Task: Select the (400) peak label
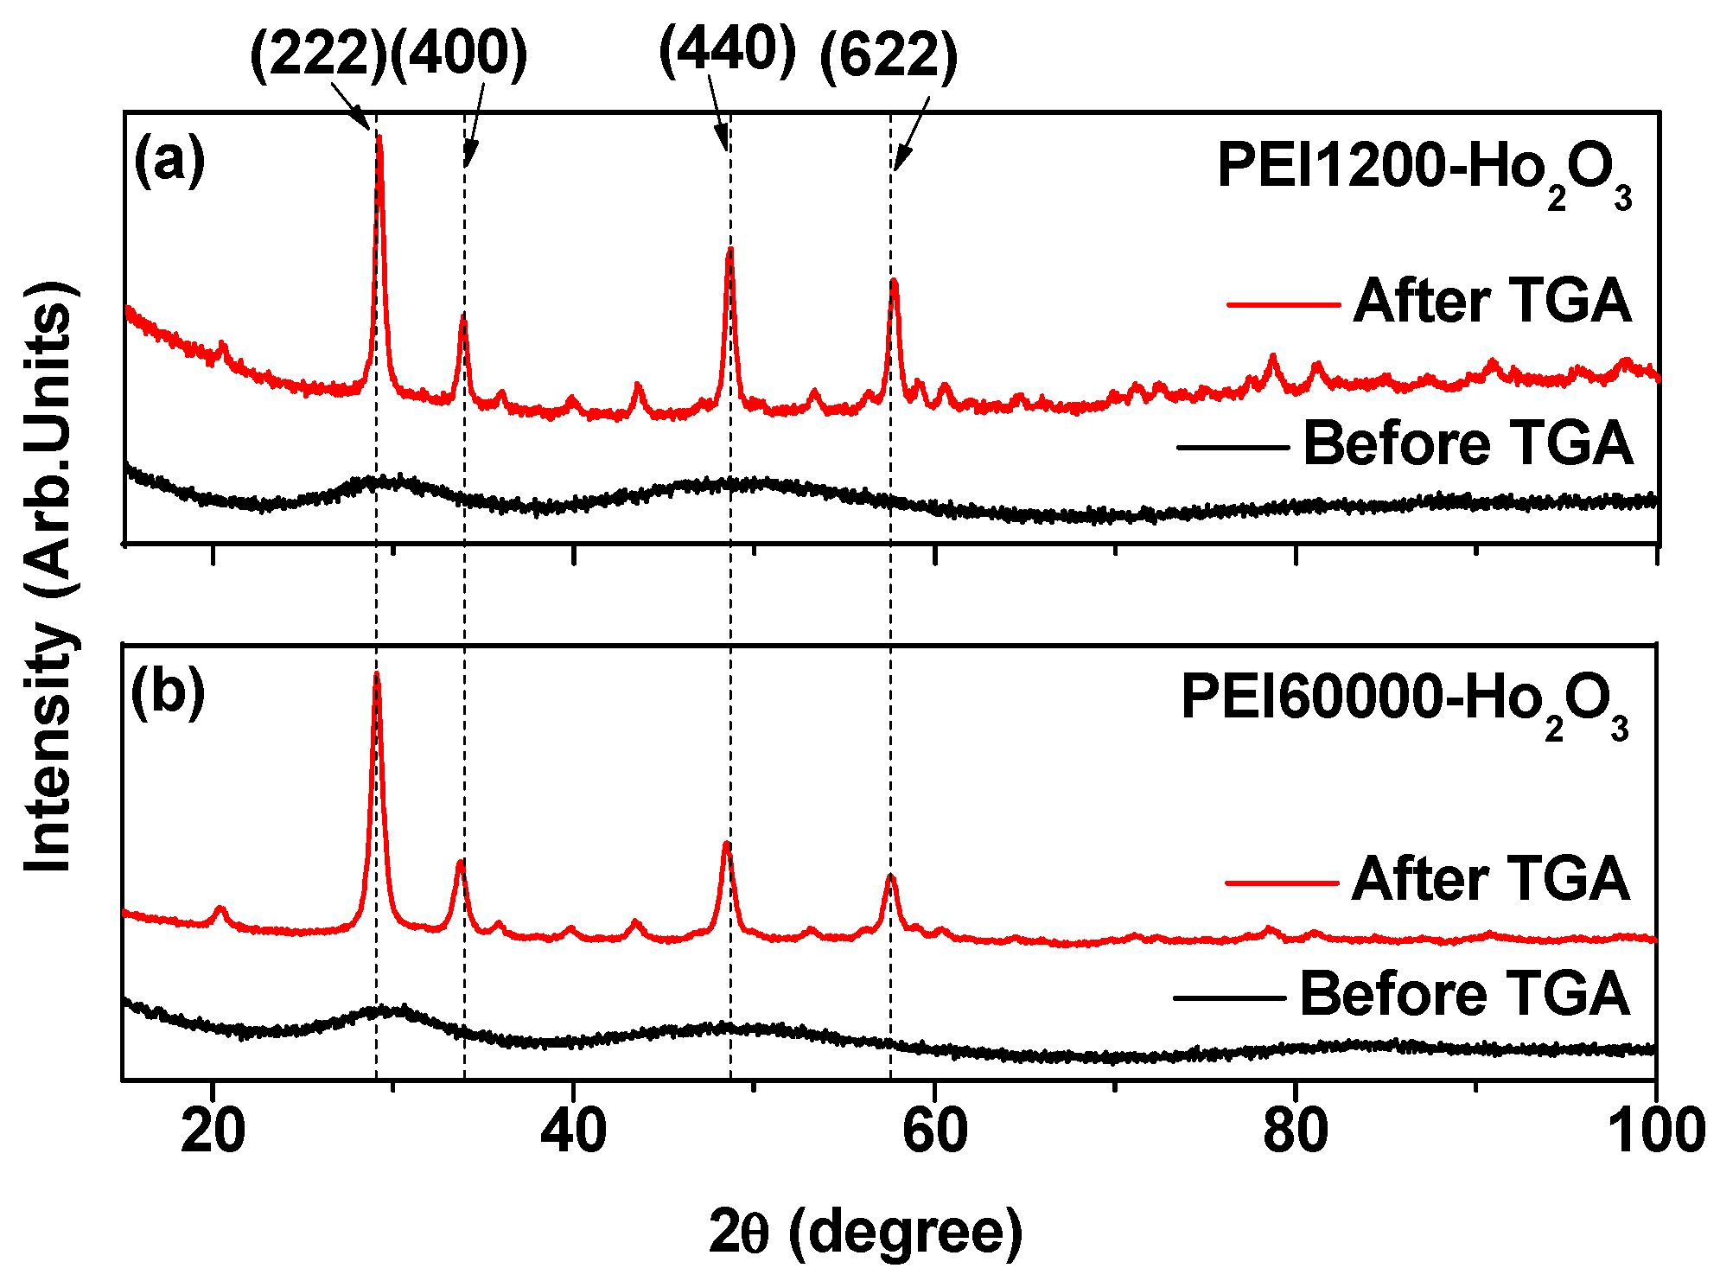(459, 55)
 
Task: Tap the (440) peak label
(727, 50)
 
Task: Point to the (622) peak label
(889, 57)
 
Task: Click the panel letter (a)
(169, 161)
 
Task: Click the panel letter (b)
(168, 693)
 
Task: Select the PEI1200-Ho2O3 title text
(1424, 169)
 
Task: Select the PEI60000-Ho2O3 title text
(1405, 700)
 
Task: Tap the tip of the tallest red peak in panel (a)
(379, 137)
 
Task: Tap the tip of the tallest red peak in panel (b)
(376, 674)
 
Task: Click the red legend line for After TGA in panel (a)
(1283, 304)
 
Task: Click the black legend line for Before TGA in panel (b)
(1229, 997)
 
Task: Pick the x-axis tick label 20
(213, 1131)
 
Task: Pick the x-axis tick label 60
(934, 1131)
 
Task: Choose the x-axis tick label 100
(1656, 1131)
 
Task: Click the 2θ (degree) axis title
(865, 1231)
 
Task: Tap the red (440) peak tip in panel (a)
(730, 250)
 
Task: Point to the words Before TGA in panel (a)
(1468, 444)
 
